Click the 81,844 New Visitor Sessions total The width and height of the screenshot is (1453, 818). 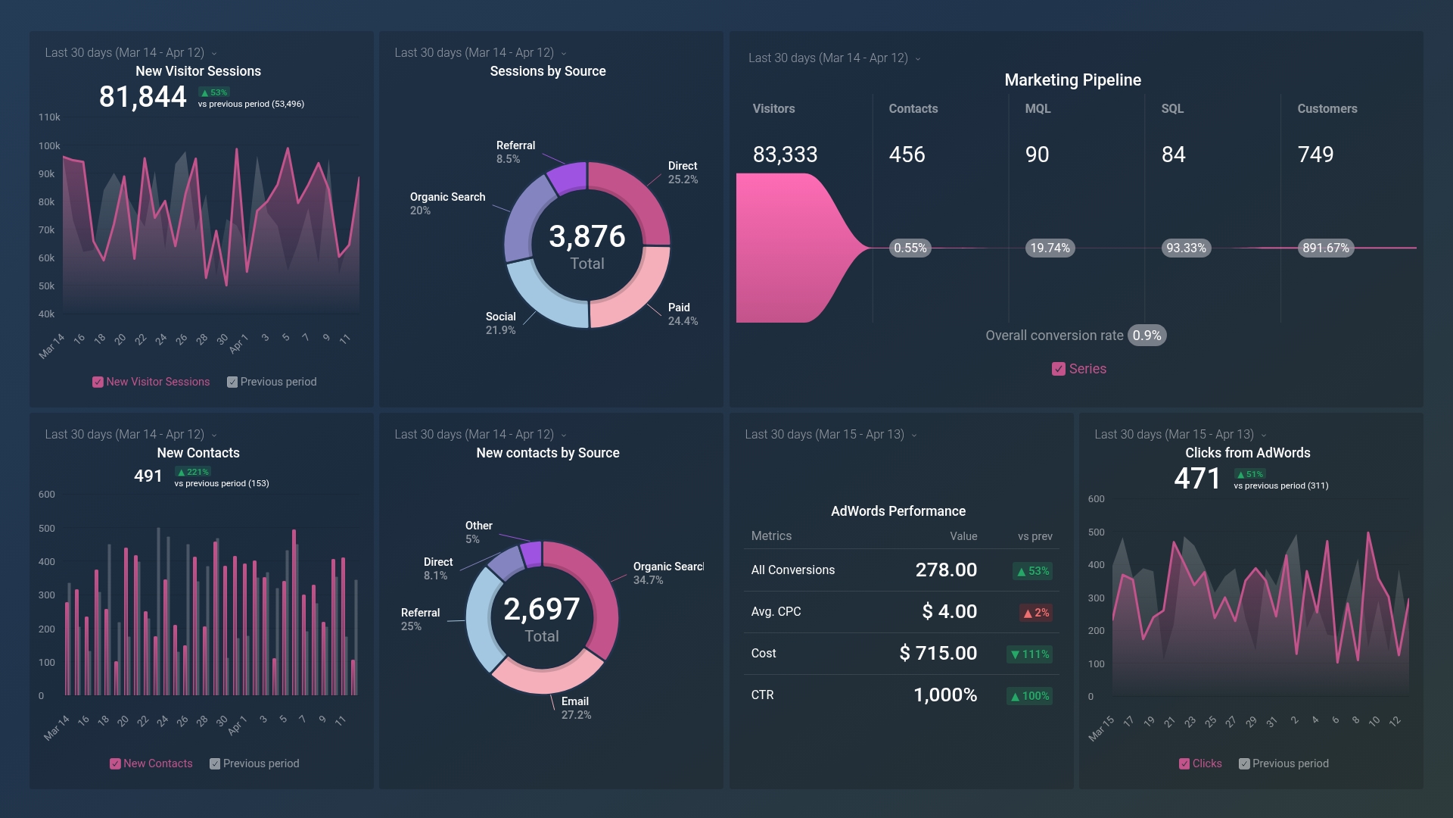tap(142, 97)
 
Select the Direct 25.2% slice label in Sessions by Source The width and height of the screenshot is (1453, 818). tap(682, 173)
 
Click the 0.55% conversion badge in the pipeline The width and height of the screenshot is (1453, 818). tap(910, 248)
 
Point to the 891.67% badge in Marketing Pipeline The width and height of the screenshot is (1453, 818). tap(1325, 248)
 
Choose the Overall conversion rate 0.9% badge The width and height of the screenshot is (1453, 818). tap(1147, 336)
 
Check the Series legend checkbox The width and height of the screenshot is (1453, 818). tap(1058, 370)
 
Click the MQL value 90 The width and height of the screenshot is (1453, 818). tap(1037, 155)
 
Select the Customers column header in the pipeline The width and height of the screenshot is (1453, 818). tap(1327, 109)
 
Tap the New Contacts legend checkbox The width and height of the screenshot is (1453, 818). tap(115, 764)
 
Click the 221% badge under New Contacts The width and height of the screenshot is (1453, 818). tap(193, 472)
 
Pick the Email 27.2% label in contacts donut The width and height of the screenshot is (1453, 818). tap(575, 708)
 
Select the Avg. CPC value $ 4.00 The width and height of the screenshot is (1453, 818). tap(949, 612)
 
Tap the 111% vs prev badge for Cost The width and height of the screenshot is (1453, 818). tap(1030, 654)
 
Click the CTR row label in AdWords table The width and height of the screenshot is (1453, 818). tap(762, 695)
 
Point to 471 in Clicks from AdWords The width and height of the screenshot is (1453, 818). tap(1197, 479)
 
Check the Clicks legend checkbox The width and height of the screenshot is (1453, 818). tap(1184, 764)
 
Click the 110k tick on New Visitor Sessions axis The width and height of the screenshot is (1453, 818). tap(49, 117)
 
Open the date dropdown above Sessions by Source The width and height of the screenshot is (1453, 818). tap(563, 54)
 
